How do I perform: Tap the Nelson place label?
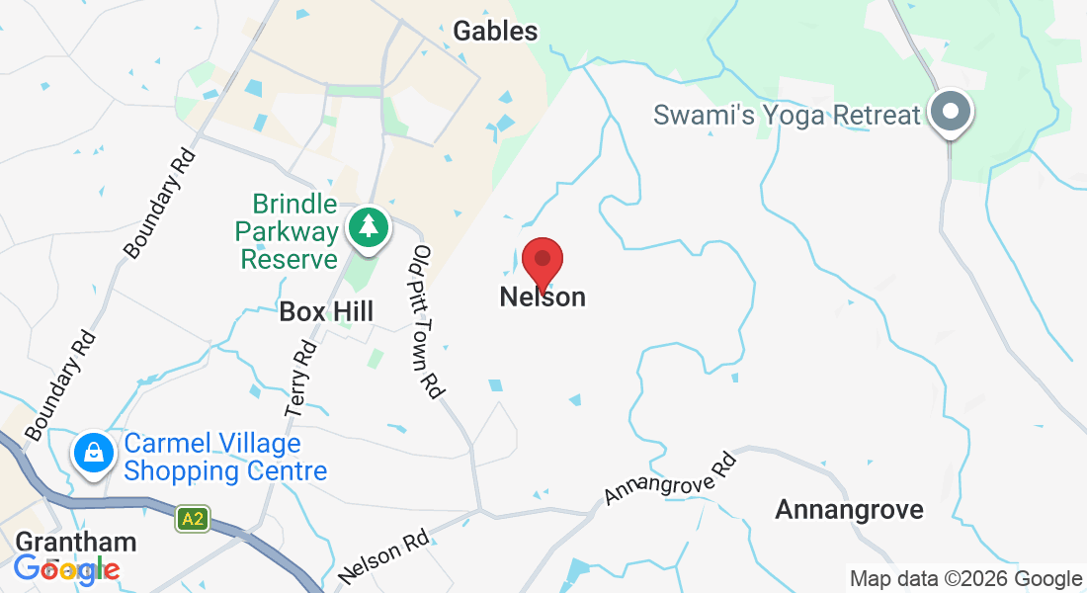click(x=543, y=296)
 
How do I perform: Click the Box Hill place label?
click(x=326, y=312)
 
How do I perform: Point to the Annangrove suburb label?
click(x=849, y=510)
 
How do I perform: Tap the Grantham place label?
click(x=76, y=542)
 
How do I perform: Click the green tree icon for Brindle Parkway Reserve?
click(x=369, y=226)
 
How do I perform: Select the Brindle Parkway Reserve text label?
click(x=288, y=232)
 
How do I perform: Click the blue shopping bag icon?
click(x=93, y=454)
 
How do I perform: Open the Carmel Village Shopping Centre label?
click(x=225, y=457)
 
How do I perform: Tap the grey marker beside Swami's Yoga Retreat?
click(x=951, y=112)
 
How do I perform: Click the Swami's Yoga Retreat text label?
click(x=787, y=115)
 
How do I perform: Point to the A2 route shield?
click(x=193, y=518)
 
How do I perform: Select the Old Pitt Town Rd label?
click(x=426, y=321)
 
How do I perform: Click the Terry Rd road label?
click(x=301, y=379)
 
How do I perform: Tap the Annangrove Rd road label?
click(x=671, y=478)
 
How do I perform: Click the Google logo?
click(x=66, y=569)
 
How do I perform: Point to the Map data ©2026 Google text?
click(x=965, y=579)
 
